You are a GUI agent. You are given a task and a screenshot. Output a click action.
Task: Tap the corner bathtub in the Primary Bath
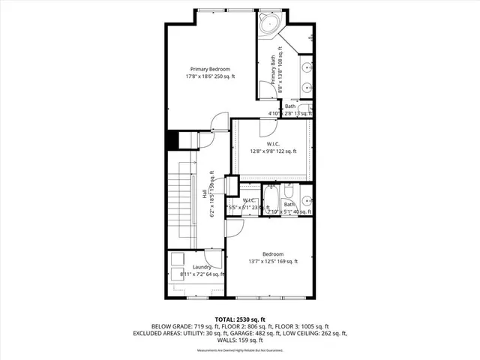tap(269, 25)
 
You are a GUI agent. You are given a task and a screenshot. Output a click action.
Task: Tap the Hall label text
tap(204, 193)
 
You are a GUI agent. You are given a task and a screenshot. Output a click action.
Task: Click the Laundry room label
tap(201, 267)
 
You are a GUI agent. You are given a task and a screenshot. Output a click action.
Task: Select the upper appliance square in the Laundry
tap(177, 259)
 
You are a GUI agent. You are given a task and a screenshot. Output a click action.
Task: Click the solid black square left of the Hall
tap(172, 140)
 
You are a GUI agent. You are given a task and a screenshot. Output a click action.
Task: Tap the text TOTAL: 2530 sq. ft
tap(240, 319)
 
